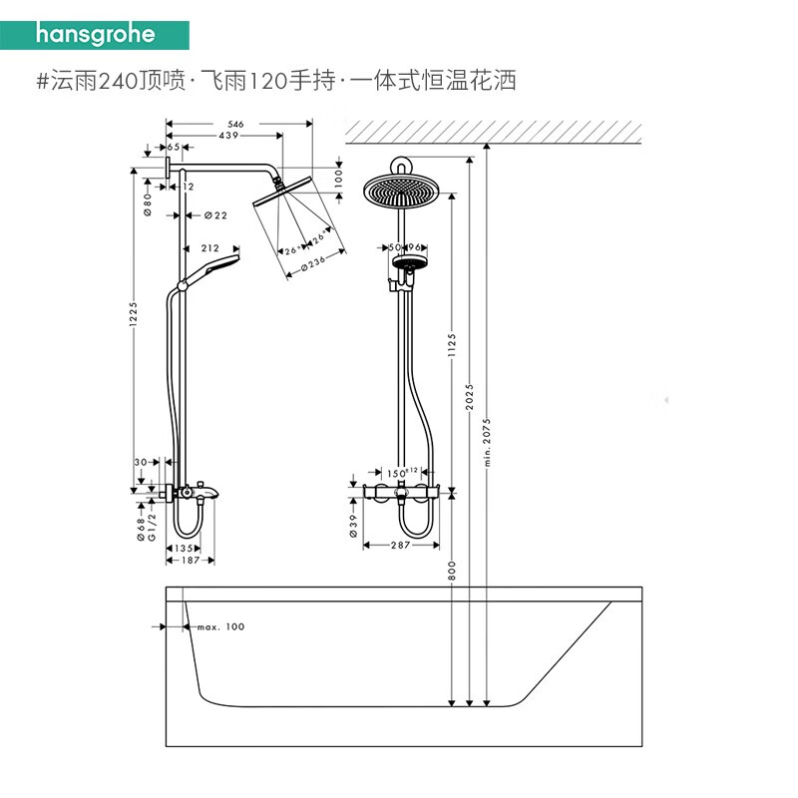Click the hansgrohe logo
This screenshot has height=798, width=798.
point(95,35)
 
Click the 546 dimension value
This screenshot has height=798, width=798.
point(235,124)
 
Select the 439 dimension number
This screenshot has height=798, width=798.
point(228,136)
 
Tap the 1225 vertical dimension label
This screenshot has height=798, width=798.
point(134,313)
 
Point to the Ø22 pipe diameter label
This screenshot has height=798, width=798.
point(215,215)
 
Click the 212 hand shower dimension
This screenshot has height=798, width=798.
point(210,247)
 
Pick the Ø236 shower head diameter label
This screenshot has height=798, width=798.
point(313,263)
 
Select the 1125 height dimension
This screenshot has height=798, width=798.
point(452,345)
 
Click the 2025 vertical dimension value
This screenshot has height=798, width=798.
point(469,397)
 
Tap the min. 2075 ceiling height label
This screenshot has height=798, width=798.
point(487,442)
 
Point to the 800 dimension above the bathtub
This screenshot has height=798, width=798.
point(452,571)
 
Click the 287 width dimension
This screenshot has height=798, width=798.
point(401,545)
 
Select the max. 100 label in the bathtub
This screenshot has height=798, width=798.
point(220,627)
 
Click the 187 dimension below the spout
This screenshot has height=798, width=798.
point(191,561)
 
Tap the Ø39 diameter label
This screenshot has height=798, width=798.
point(353,526)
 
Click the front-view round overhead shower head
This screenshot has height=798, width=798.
point(402,191)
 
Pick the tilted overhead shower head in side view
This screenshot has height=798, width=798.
point(282,191)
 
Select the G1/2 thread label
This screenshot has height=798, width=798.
point(152,527)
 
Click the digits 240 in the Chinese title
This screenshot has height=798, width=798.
point(118,81)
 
